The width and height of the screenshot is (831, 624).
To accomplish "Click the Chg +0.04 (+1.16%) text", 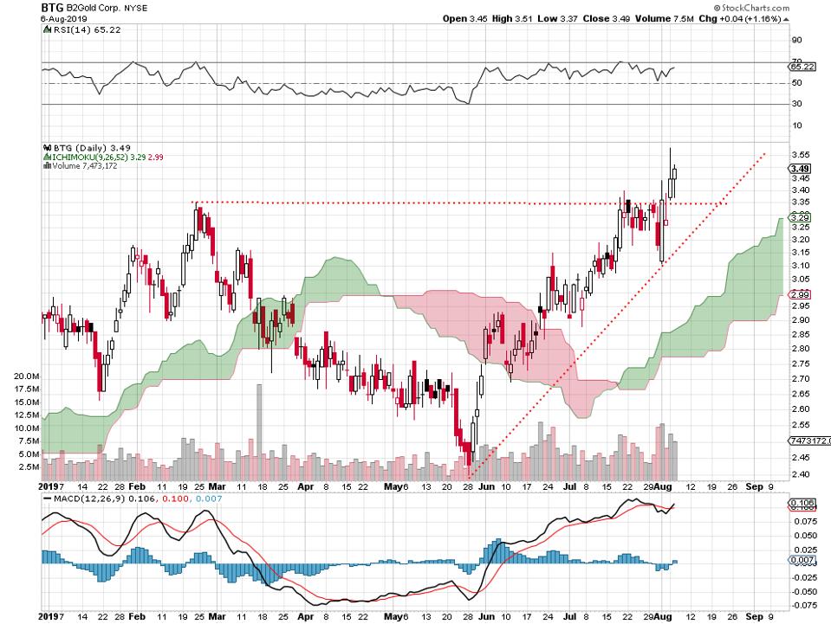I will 776,17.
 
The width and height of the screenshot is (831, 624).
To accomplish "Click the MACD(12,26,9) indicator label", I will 83,499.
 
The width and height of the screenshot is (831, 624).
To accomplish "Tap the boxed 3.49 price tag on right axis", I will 801,169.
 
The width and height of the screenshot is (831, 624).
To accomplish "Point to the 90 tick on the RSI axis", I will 795,40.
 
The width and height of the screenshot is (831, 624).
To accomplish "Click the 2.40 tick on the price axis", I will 801,473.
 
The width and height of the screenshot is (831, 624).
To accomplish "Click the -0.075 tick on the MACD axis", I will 802,605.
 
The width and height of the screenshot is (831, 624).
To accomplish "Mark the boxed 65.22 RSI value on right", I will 802,66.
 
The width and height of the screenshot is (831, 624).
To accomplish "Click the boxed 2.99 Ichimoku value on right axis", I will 801,295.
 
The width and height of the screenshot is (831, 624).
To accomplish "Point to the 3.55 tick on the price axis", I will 801,154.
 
